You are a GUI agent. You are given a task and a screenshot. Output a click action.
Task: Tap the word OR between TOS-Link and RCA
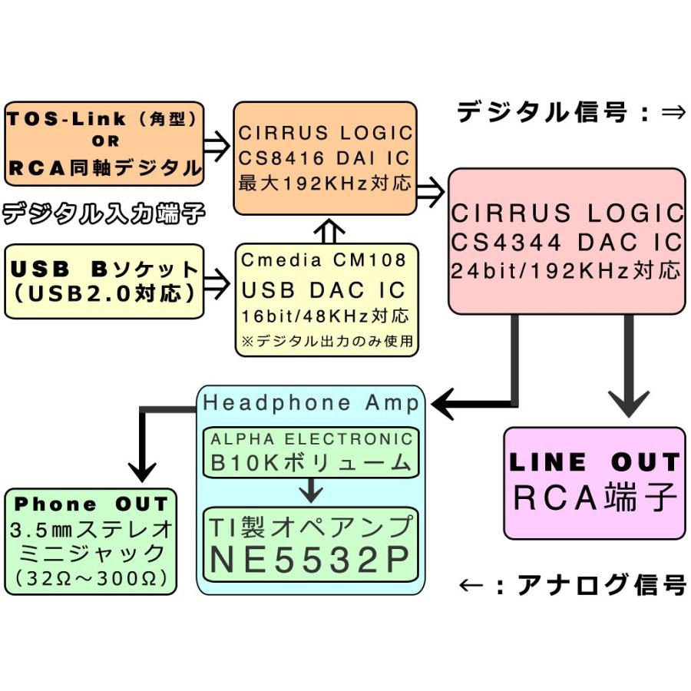104,141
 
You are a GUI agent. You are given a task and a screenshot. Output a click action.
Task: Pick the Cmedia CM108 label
323,260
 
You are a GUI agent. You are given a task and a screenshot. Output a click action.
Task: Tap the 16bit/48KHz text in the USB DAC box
325,316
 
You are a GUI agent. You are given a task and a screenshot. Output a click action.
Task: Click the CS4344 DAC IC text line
567,242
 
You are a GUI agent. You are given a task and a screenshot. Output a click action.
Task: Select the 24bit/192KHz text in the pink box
567,270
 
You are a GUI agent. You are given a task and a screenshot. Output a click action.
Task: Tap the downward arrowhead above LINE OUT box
629,405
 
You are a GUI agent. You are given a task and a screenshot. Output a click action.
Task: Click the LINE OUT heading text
594,462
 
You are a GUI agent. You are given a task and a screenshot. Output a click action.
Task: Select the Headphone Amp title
311,403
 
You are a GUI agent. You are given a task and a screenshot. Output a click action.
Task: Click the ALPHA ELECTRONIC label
312,440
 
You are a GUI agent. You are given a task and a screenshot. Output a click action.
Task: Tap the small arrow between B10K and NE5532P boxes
310,488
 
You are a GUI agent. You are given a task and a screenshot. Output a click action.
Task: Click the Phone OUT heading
91,504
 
